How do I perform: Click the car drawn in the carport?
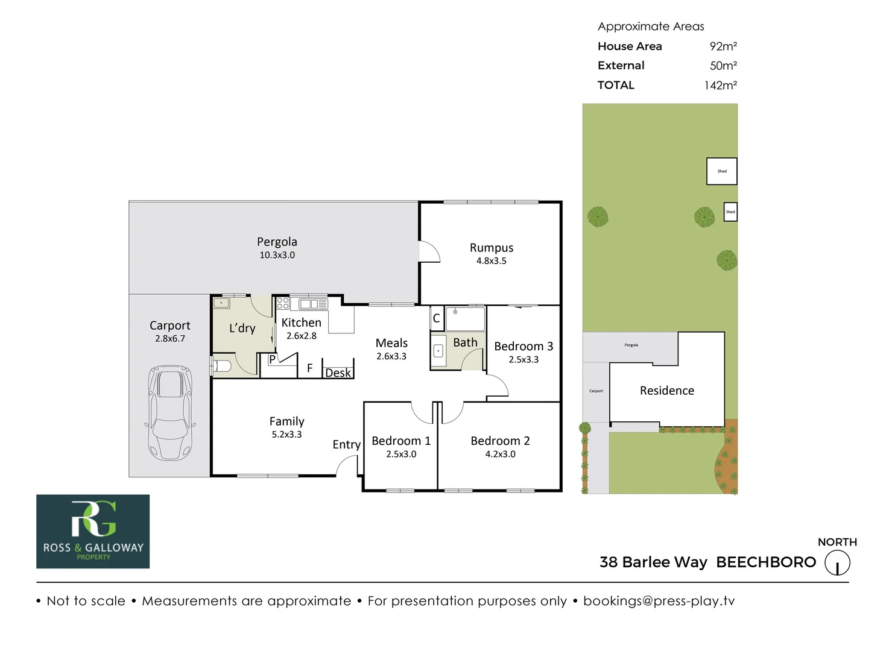pyautogui.click(x=171, y=412)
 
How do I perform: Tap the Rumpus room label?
pyautogui.click(x=492, y=248)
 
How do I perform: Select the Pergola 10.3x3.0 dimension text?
pyautogui.click(x=277, y=255)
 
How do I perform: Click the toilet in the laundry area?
pyautogui.click(x=221, y=366)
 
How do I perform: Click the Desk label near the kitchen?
pyautogui.click(x=338, y=373)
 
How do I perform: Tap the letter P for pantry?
pyautogui.click(x=272, y=359)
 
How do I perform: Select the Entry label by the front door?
pyautogui.click(x=346, y=444)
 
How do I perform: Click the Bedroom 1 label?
pyautogui.click(x=401, y=441)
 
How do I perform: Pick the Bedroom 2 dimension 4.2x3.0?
pyautogui.click(x=500, y=454)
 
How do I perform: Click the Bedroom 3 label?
pyautogui.click(x=524, y=346)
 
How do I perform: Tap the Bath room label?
pyautogui.click(x=465, y=342)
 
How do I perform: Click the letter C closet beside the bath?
pyautogui.click(x=436, y=318)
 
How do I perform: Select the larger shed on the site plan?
pyautogui.click(x=721, y=171)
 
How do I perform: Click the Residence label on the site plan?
pyautogui.click(x=666, y=391)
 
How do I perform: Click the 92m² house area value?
pyautogui.click(x=723, y=46)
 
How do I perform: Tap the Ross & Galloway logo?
pyautogui.click(x=93, y=531)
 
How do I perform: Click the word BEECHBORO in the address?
pyautogui.click(x=765, y=562)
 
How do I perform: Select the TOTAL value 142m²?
pyautogui.click(x=720, y=86)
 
